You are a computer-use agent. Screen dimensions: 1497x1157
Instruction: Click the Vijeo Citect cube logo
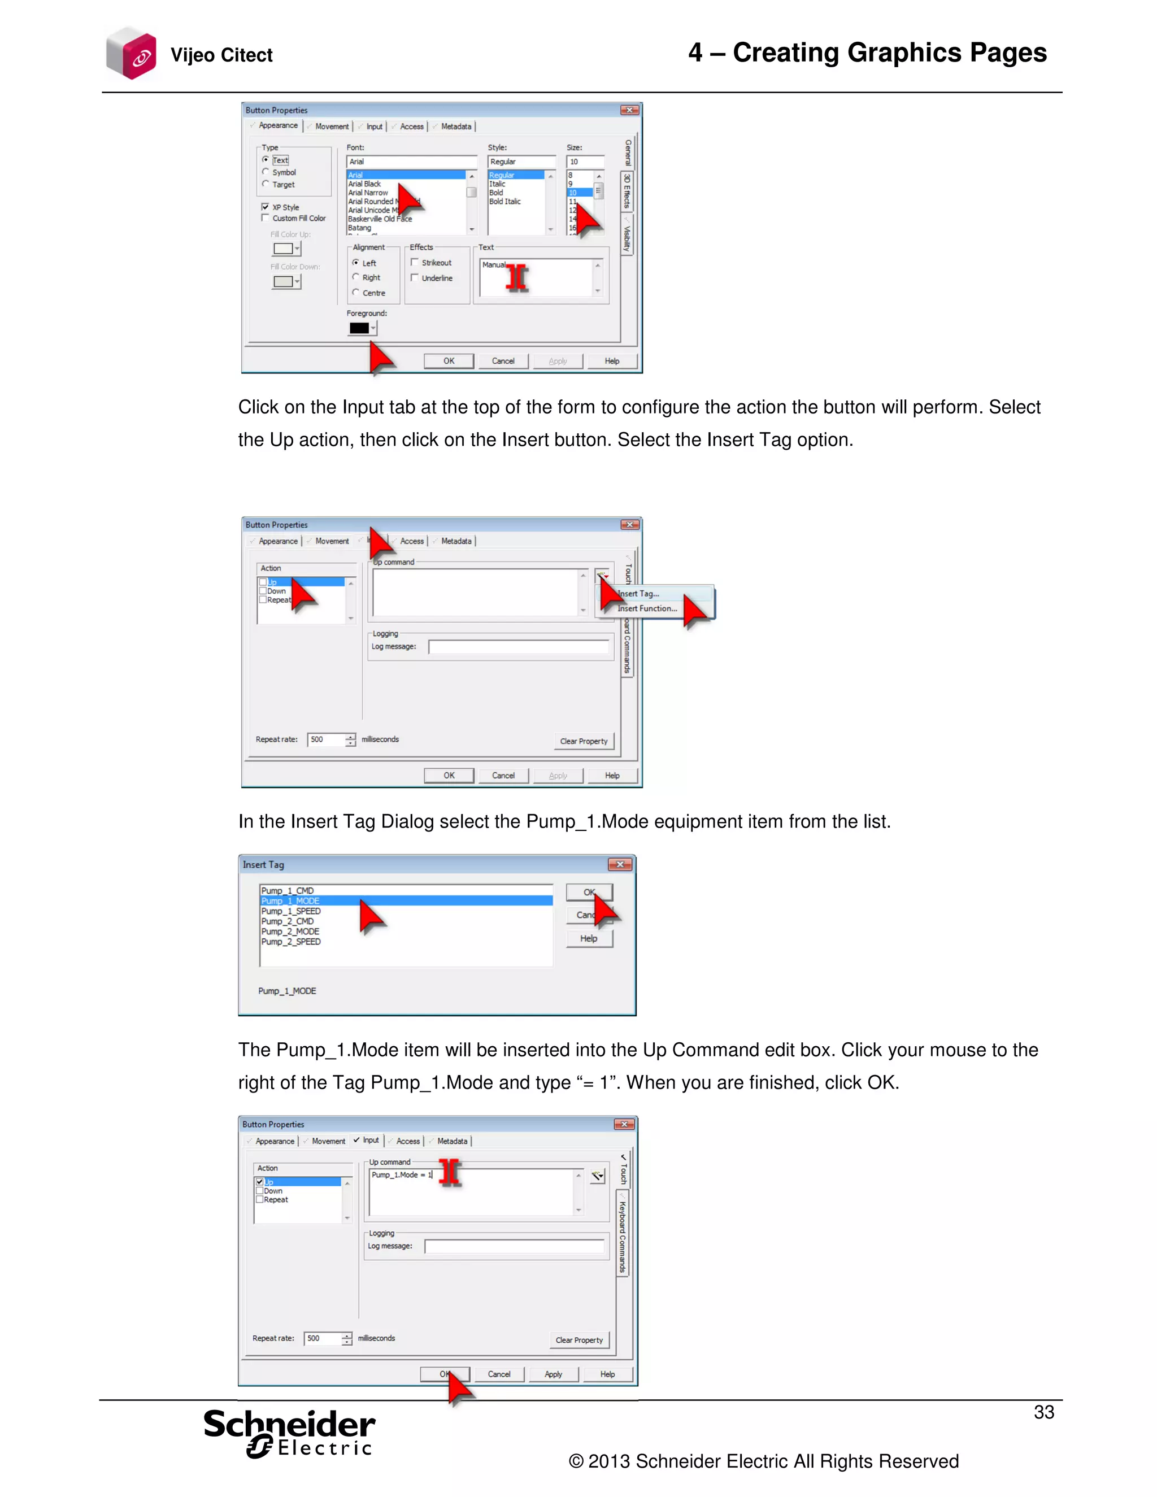(131, 54)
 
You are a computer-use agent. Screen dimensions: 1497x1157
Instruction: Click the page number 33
(1043, 1412)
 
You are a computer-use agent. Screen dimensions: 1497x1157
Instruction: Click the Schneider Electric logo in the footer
(289, 1433)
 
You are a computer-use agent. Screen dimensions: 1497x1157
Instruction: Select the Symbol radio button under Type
(266, 172)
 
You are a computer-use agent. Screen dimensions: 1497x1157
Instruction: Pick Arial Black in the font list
(364, 184)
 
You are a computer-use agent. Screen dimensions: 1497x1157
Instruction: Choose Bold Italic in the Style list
(504, 202)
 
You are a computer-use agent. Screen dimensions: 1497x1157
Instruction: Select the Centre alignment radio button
(356, 293)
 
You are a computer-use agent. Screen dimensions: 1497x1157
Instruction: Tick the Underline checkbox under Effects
(415, 277)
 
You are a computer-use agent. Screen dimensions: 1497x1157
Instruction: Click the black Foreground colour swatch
(359, 328)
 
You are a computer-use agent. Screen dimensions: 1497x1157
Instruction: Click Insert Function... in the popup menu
(647, 608)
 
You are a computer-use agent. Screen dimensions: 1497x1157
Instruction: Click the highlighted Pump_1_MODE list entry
(290, 900)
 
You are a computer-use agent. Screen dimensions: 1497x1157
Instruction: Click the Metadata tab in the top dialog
(456, 127)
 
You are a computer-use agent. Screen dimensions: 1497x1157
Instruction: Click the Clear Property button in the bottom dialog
(579, 1340)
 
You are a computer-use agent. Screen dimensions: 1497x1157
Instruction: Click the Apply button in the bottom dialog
(553, 1374)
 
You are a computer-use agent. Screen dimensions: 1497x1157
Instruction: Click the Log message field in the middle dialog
(518, 647)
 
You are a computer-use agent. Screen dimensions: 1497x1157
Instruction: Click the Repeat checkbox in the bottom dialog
(260, 1199)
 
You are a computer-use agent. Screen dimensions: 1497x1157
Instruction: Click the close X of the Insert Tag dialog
(620, 864)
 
